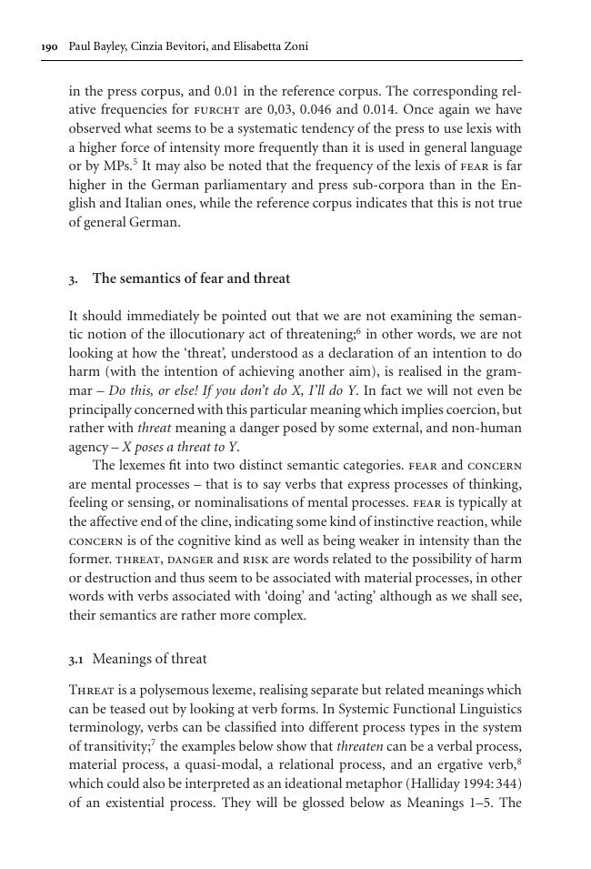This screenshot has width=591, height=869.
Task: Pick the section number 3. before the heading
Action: point(74,279)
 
